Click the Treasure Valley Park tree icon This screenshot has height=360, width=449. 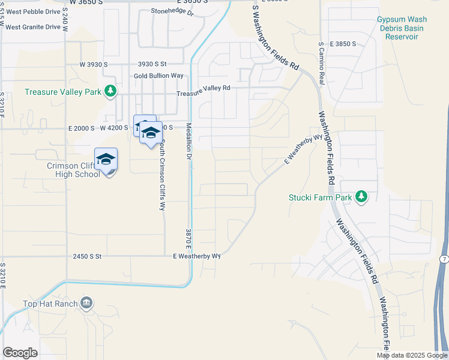click(x=110, y=92)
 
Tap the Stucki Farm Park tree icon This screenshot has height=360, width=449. click(x=361, y=197)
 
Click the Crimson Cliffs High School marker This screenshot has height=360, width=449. click(x=106, y=160)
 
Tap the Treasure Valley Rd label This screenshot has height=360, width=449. click(x=203, y=88)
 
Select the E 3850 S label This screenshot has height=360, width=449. click(x=342, y=44)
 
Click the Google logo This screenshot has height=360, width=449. click(x=20, y=353)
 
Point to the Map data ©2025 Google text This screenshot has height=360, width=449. click(x=412, y=355)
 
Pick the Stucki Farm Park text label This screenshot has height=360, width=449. click(x=320, y=197)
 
